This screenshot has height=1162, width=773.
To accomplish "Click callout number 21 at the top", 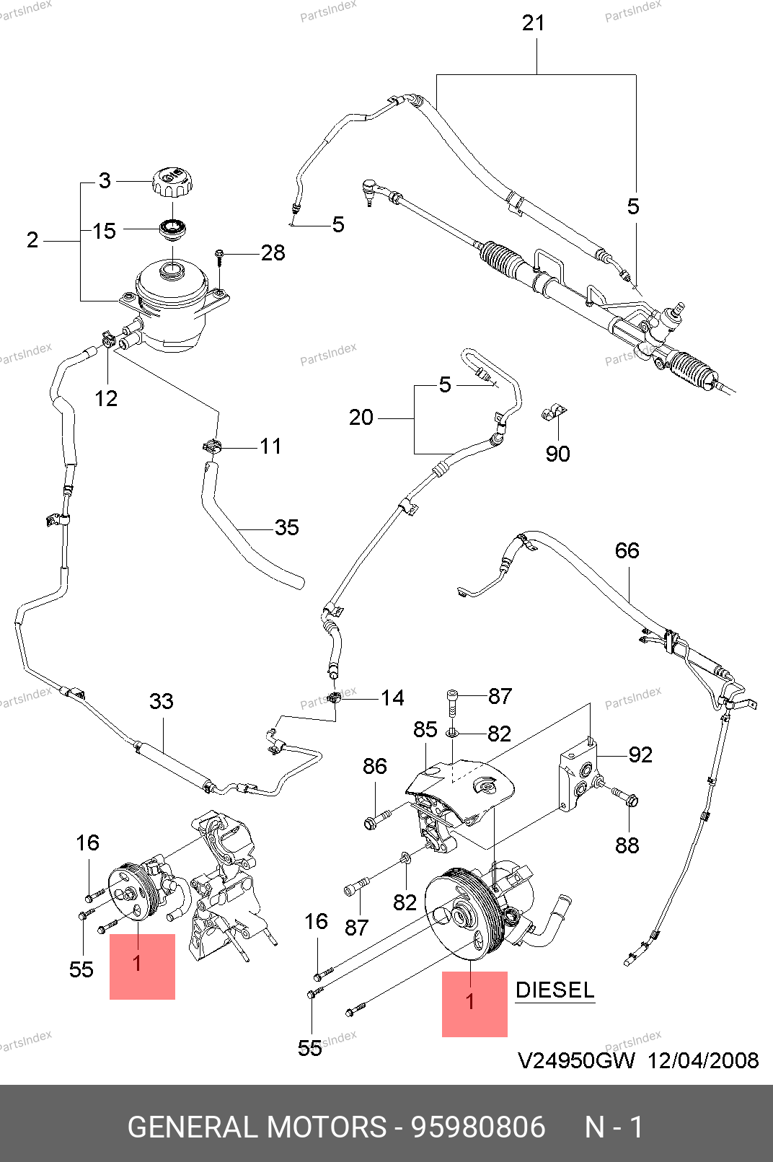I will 533,23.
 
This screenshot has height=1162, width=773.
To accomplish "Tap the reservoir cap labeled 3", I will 172,180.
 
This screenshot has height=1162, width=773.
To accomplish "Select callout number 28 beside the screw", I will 273,253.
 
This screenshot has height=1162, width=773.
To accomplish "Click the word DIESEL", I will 555,990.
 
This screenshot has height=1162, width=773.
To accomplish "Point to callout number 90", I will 557,454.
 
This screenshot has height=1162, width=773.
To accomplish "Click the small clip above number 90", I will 553,413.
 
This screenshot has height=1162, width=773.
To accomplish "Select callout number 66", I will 627,551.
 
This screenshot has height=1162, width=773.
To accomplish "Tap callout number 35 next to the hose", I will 286,527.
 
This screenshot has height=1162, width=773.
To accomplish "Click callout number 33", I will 162,701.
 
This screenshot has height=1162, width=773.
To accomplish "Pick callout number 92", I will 640,754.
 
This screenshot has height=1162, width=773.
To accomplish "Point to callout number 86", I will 375,766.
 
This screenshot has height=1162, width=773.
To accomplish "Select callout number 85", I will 425,729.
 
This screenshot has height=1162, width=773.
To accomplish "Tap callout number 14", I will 392,697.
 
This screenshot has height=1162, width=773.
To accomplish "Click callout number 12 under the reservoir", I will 106,398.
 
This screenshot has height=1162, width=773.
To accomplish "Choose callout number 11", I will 270,446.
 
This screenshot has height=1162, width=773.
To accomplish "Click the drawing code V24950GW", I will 576,1060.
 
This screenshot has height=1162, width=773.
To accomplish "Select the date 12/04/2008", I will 702,1060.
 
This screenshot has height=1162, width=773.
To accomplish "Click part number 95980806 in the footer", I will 477,1127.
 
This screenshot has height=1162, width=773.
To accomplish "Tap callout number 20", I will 361,417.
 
